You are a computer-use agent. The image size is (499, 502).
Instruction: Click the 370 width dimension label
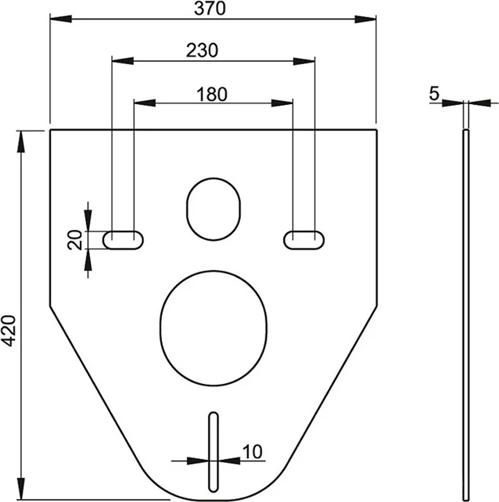pyautogui.click(x=210, y=8)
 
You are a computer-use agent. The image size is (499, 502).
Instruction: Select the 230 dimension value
pyautogui.click(x=202, y=50)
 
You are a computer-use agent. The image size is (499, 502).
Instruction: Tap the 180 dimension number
pyautogui.click(x=212, y=94)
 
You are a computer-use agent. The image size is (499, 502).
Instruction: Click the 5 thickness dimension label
pyautogui.click(x=434, y=94)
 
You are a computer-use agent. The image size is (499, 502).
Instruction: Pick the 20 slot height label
pyautogui.click(x=75, y=240)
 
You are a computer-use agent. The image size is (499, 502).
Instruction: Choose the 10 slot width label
pyautogui.click(x=252, y=452)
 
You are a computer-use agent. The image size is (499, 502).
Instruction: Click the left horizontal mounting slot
pyautogui.click(x=123, y=240)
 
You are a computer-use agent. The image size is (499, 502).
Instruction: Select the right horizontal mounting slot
pyautogui.click(x=304, y=240)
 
